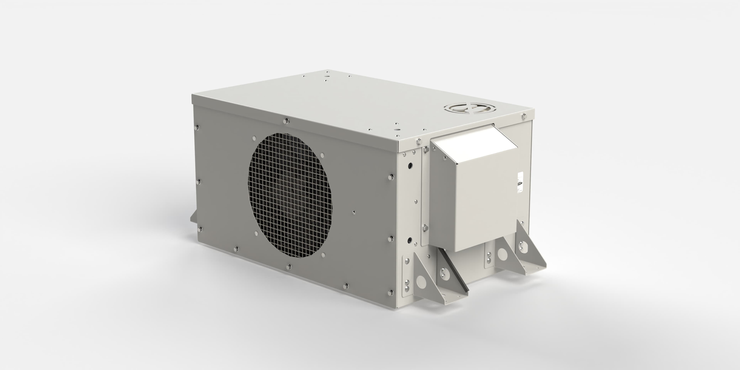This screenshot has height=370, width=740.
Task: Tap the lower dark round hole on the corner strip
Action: point(410,239)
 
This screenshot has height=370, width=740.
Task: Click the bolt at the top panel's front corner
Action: point(419,141)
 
